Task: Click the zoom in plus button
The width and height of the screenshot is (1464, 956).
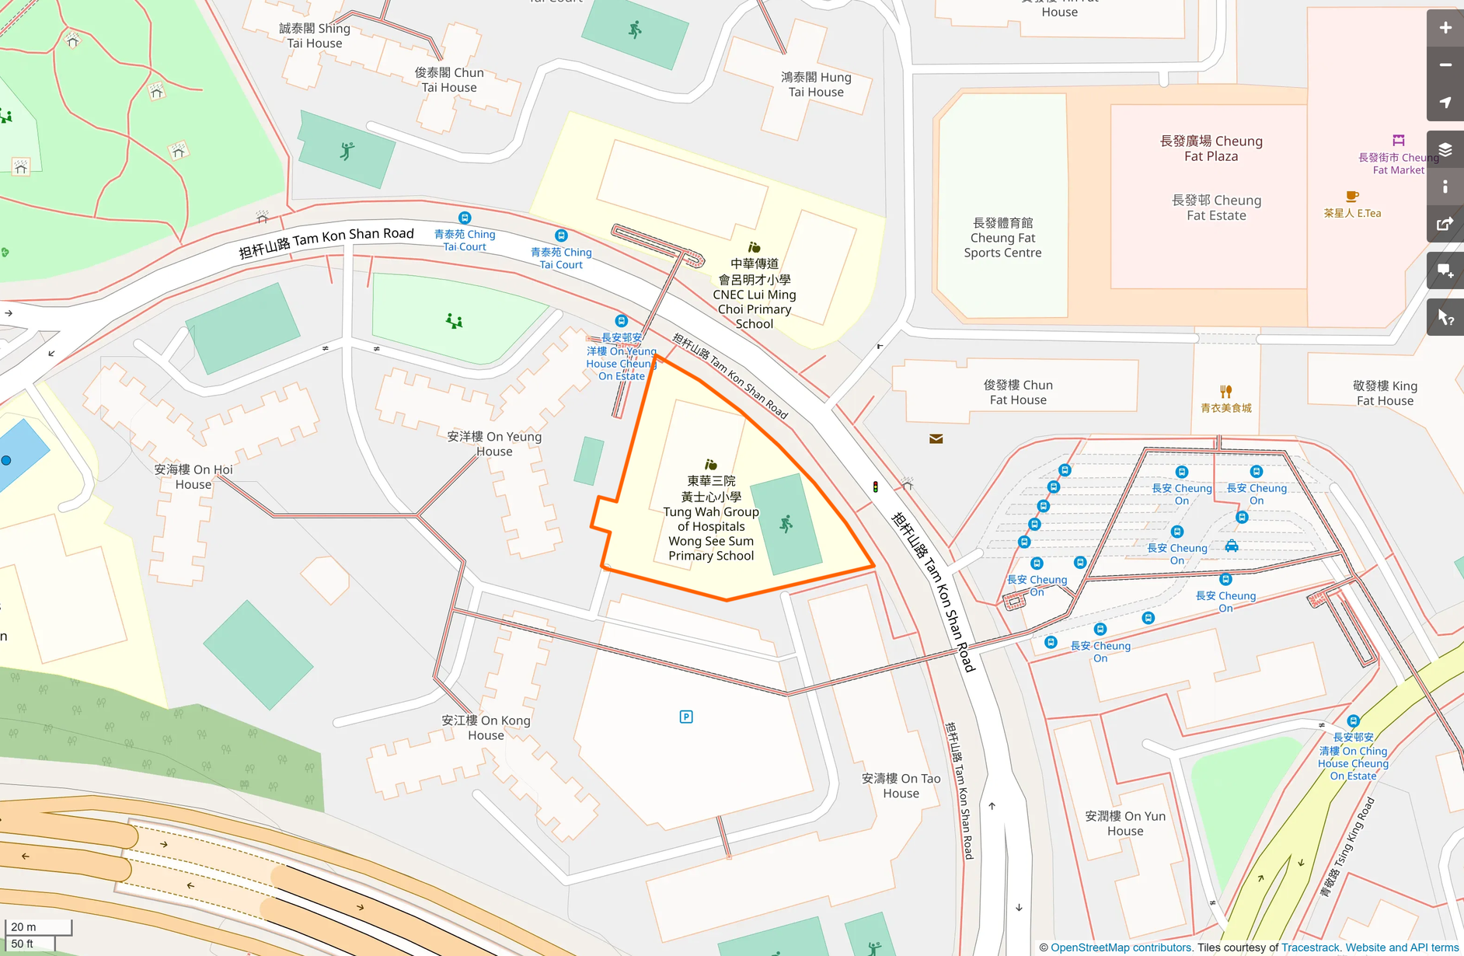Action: pyautogui.click(x=1445, y=28)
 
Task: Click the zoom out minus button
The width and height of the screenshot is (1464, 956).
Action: pyautogui.click(x=1445, y=65)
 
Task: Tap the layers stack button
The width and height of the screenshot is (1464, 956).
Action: pyautogui.click(x=1445, y=149)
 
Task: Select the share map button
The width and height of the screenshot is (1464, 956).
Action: pyautogui.click(x=1445, y=224)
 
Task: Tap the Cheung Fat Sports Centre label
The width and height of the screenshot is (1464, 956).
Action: pyautogui.click(x=1002, y=238)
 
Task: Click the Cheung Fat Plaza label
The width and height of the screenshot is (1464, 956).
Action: pyautogui.click(x=1211, y=148)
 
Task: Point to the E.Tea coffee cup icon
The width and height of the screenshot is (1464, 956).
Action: pyautogui.click(x=1352, y=197)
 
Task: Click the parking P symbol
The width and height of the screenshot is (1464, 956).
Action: pyautogui.click(x=686, y=717)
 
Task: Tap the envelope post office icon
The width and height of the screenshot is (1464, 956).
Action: pyautogui.click(x=936, y=439)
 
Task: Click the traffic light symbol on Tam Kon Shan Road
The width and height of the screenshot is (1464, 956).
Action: pyautogui.click(x=876, y=487)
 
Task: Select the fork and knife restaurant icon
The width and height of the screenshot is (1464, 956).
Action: pyautogui.click(x=1225, y=391)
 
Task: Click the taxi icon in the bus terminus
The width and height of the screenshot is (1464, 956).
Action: pyautogui.click(x=1232, y=546)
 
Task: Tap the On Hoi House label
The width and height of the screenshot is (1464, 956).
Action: pyautogui.click(x=193, y=476)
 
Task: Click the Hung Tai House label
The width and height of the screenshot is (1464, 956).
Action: pyautogui.click(x=816, y=85)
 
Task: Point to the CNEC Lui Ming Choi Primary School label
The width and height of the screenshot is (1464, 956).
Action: pyautogui.click(x=754, y=294)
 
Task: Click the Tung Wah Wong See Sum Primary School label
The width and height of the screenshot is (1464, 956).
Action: pyautogui.click(x=710, y=518)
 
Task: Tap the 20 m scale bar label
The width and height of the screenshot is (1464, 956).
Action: pyautogui.click(x=24, y=926)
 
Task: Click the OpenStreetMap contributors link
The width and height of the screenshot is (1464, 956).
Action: pyautogui.click(x=1121, y=947)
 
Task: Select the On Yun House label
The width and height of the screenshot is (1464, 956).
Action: pyautogui.click(x=1125, y=823)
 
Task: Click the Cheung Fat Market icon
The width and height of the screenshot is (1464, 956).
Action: pyautogui.click(x=1398, y=141)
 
